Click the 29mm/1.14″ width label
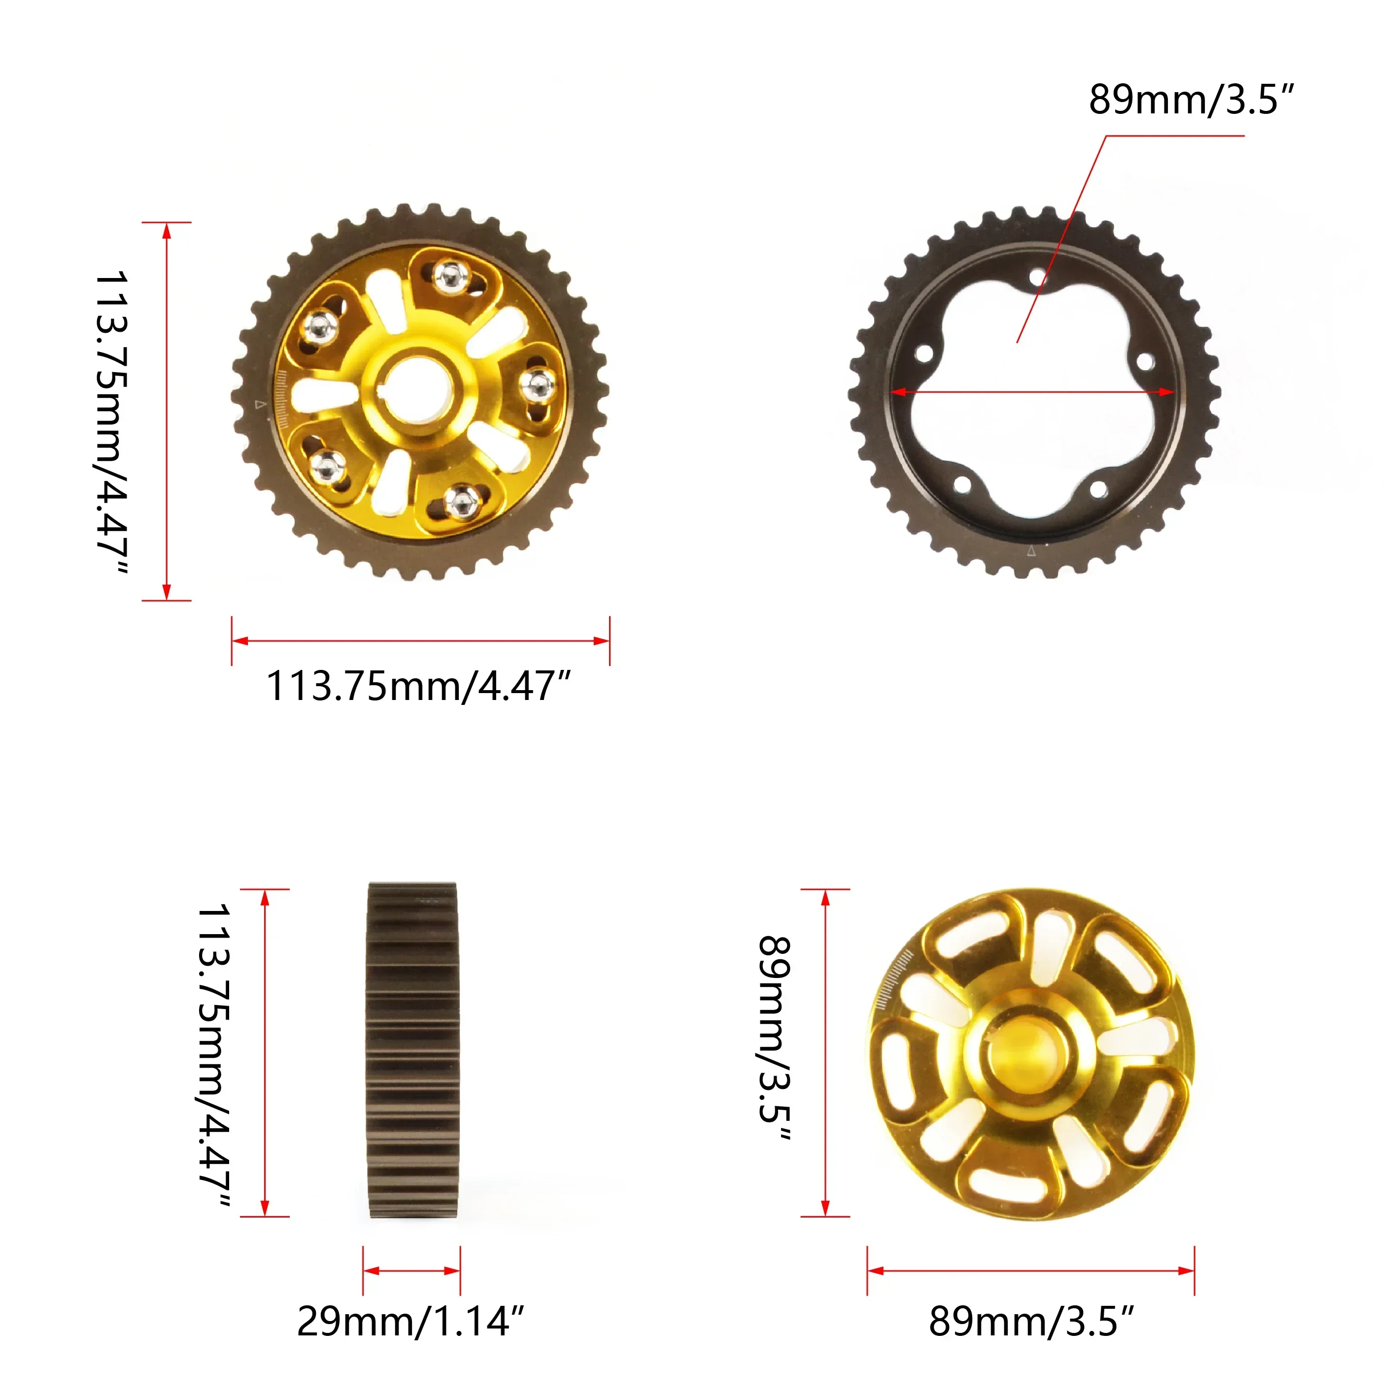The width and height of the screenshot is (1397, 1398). (410, 1321)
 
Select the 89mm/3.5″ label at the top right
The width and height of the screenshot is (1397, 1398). (1190, 99)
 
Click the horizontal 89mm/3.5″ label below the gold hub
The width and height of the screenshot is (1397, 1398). (1031, 1321)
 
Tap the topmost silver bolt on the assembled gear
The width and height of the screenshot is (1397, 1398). (451, 275)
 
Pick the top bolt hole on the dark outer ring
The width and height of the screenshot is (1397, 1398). (1037, 277)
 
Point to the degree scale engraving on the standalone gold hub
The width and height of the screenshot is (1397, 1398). (894, 982)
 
